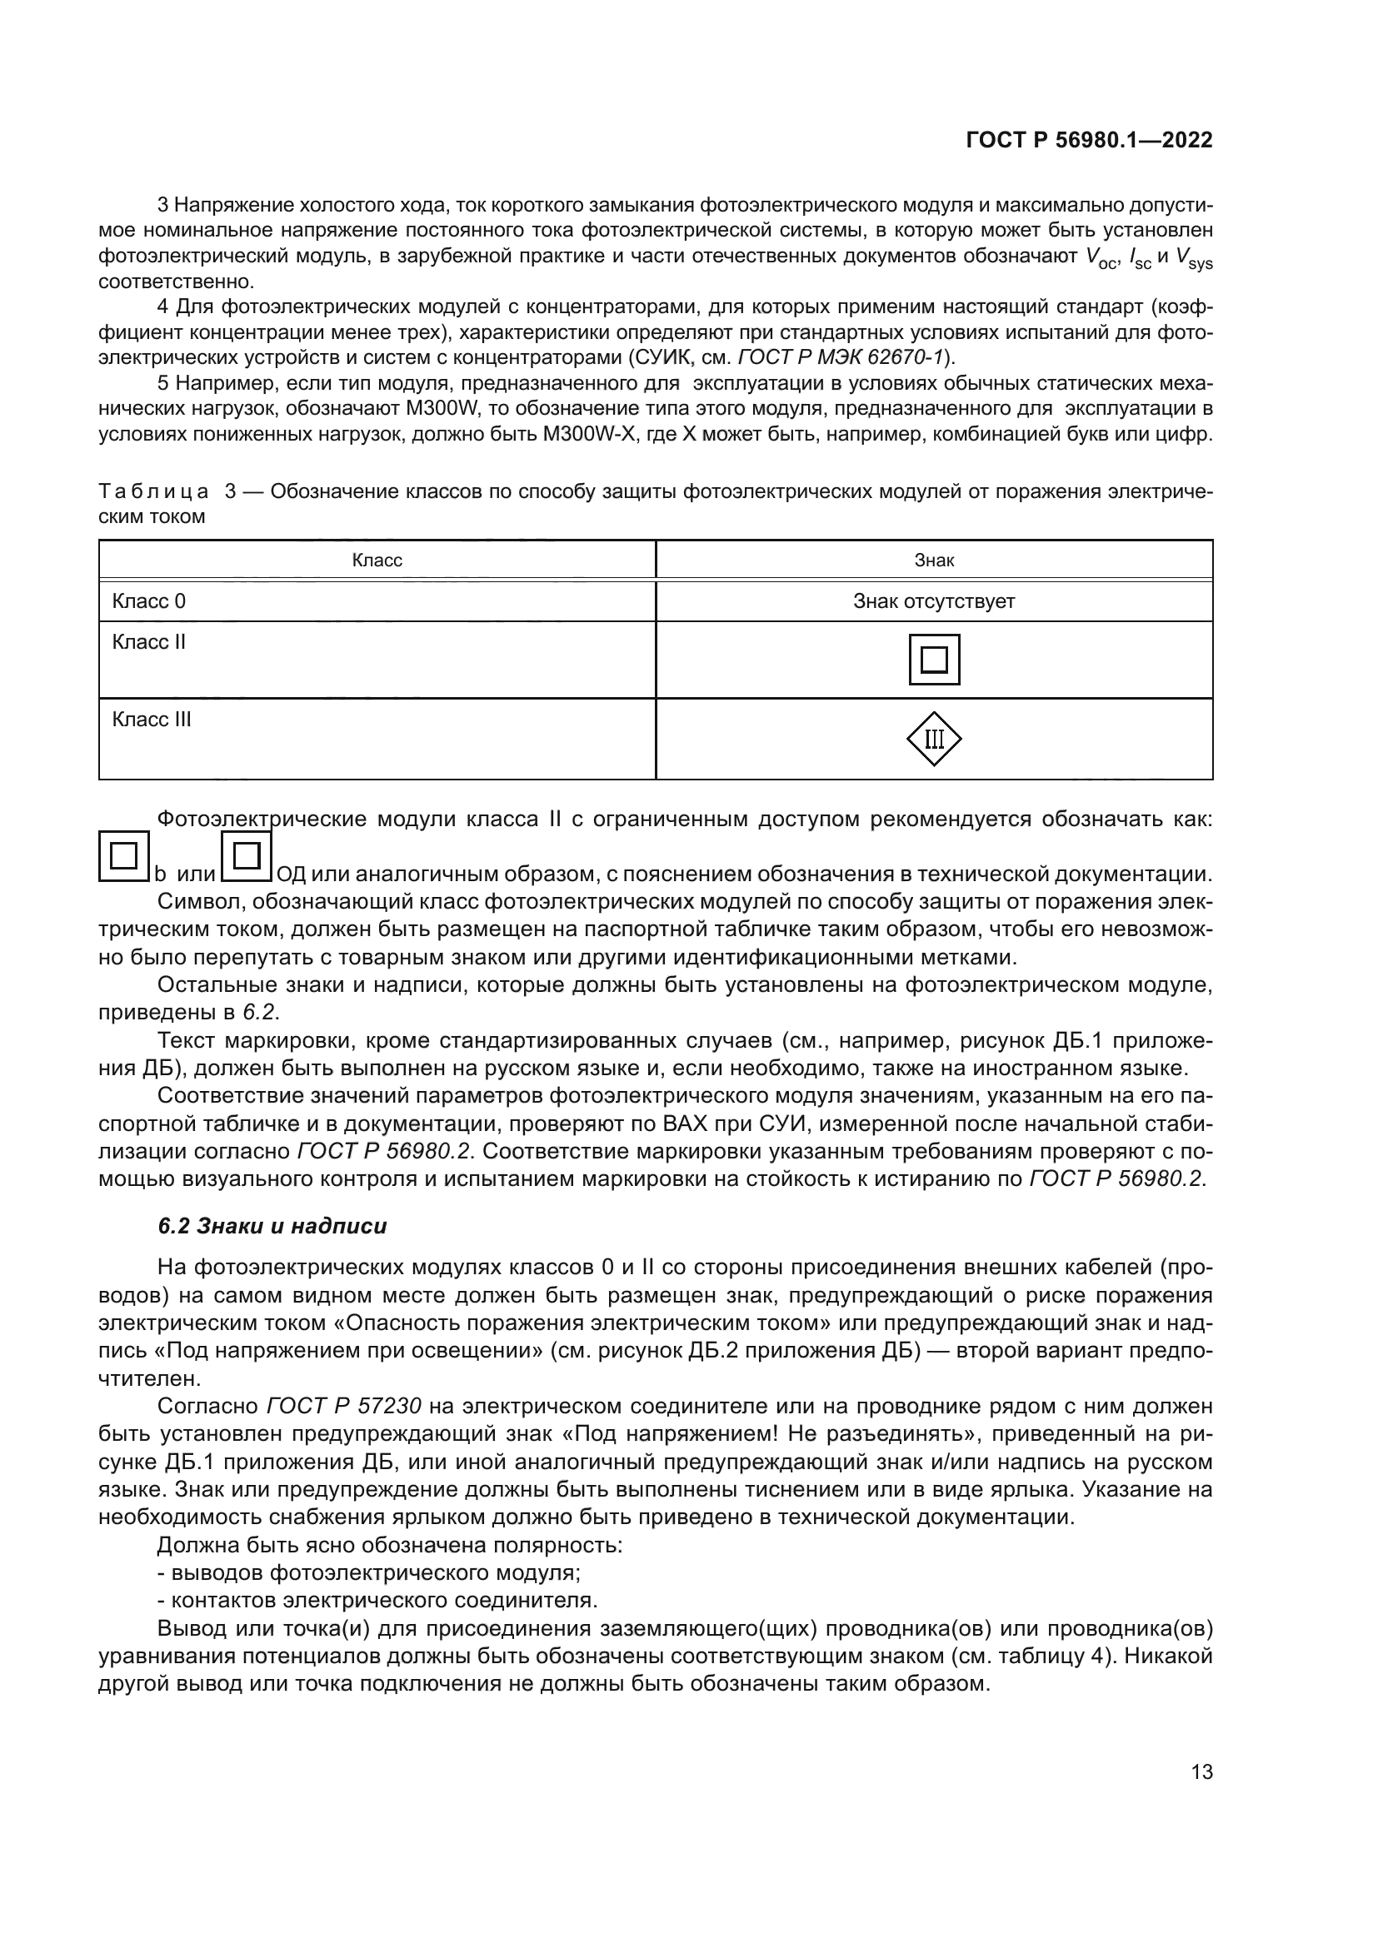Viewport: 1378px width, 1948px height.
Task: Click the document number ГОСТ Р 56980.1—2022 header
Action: point(1089,141)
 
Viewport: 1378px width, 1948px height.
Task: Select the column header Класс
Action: point(377,560)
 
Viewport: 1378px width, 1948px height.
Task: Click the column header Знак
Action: point(933,560)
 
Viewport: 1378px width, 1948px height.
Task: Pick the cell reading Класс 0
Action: point(148,601)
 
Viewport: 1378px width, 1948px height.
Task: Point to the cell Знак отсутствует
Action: point(933,601)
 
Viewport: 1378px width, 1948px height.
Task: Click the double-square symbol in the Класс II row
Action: point(933,660)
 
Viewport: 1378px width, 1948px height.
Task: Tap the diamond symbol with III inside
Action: point(933,739)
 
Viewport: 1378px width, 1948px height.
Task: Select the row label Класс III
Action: point(151,720)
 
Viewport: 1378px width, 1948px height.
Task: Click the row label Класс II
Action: point(148,642)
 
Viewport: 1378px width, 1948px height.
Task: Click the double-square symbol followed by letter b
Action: point(124,856)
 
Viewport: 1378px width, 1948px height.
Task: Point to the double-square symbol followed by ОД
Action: point(246,856)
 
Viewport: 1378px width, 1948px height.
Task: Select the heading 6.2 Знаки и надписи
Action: point(272,1226)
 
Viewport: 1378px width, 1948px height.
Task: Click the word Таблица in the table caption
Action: point(153,491)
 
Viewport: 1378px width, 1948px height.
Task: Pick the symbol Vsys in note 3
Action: point(1193,257)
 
